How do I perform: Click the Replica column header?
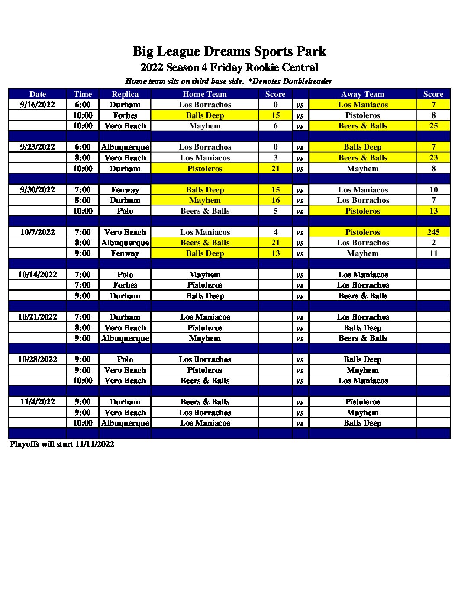125,94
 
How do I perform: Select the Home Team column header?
204,94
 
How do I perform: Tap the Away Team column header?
362,94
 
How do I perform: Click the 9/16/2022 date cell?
38,105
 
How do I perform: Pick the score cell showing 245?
433,232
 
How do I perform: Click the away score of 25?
433,126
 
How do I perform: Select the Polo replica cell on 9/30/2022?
125,211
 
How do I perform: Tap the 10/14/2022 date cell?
38,275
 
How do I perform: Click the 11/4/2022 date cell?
38,402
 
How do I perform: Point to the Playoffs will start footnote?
62,444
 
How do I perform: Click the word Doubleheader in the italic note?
307,81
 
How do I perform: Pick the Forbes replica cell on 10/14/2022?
125,285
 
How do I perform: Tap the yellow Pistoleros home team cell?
204,169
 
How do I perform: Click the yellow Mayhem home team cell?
204,200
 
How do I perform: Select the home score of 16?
275,200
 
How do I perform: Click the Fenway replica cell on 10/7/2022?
125,253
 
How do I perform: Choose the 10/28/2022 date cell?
38,359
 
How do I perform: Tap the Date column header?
38,94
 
